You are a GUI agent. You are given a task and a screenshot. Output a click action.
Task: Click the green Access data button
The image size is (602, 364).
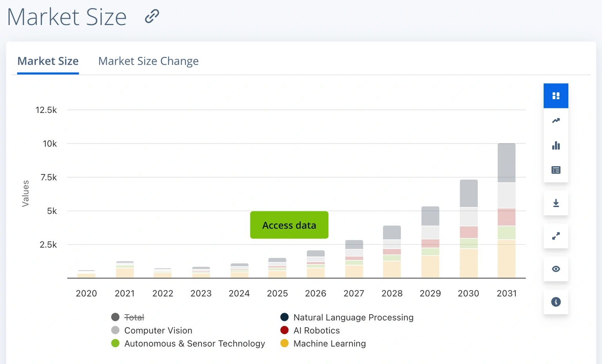pos(289,225)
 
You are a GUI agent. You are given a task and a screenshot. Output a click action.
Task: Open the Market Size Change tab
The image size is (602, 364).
pos(148,61)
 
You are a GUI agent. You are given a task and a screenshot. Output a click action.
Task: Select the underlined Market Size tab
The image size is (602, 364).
pos(48,61)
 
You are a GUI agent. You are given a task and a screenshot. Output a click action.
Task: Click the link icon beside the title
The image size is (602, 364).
pos(152,16)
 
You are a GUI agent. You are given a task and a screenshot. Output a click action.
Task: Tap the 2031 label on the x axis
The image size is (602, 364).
pos(506,293)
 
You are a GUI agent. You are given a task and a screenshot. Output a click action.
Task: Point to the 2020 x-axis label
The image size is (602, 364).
pos(86,293)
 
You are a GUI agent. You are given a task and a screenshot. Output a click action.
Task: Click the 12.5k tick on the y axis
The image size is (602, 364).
pos(46,110)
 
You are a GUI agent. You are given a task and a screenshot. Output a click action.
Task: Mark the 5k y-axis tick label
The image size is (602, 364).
pos(52,211)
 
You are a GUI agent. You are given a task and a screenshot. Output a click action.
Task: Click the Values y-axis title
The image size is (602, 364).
pos(26,193)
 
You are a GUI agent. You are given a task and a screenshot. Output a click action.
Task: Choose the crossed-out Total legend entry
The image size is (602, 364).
pos(134,317)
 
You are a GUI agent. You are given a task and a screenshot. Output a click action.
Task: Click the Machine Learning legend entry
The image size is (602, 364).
pos(329,344)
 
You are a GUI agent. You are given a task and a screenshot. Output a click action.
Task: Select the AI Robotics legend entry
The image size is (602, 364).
pos(316,331)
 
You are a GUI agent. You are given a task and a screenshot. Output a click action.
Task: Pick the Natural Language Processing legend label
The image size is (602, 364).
pos(353,317)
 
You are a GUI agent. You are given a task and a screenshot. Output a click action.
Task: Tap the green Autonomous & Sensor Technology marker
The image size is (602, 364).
pos(115,344)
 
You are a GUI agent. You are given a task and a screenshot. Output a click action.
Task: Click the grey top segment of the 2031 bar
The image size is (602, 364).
pos(506,163)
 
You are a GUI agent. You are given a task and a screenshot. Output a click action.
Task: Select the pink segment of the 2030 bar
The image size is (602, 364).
pos(468,232)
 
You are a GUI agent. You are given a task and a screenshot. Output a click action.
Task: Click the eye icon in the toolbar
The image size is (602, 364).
pos(556,269)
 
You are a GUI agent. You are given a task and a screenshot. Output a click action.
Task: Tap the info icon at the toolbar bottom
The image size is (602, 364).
pos(556,302)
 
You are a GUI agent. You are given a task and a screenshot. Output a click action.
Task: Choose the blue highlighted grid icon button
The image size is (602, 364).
pos(556,96)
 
